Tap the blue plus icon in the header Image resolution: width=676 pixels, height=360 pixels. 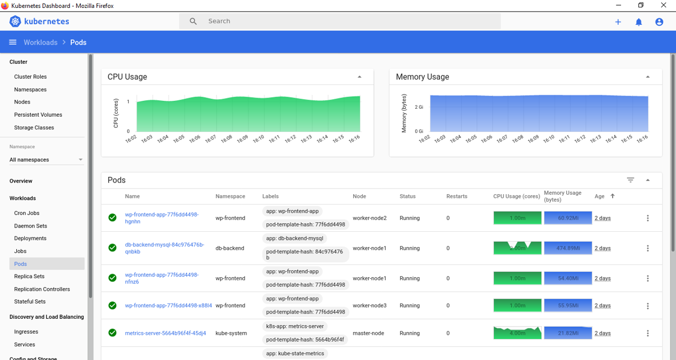[618, 22]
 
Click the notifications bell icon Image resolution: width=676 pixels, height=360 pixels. [639, 22]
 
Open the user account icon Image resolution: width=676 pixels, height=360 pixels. [659, 22]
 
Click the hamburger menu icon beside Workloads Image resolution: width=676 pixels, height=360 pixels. [13, 42]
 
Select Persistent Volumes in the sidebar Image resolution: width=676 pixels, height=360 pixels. [38, 115]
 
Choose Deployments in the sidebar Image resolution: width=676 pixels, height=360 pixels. [30, 238]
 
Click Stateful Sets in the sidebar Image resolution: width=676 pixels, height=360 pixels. [30, 301]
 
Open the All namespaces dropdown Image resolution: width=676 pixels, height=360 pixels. [46, 159]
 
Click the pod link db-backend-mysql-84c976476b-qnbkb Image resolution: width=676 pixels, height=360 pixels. [164, 248]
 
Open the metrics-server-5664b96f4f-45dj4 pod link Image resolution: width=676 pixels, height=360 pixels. [165, 333]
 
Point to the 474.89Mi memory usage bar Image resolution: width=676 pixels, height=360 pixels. [568, 248]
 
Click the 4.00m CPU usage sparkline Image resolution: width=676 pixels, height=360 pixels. [518, 333]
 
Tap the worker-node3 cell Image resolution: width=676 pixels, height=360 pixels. [370, 306]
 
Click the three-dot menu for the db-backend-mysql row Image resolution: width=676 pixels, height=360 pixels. [648, 248]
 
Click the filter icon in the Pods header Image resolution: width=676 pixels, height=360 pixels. [630, 180]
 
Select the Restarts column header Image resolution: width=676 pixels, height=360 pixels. [457, 196]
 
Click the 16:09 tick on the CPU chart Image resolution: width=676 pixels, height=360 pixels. [242, 139]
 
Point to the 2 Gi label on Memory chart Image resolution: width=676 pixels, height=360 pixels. [419, 107]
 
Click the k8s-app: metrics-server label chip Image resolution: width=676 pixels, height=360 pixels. [295, 326]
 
